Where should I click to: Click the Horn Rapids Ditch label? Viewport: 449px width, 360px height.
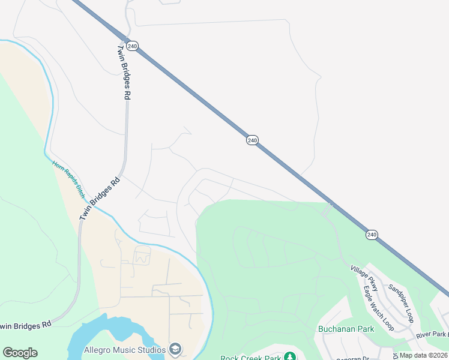pos(68,179)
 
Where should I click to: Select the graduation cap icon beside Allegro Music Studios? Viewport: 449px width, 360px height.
pos(175,349)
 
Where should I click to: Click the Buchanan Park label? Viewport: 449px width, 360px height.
pos(346,329)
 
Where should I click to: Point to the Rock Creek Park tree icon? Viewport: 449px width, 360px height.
pos(290,357)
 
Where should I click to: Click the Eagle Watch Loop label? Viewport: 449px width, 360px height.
pos(379,307)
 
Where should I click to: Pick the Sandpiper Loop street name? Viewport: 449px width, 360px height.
pos(401,303)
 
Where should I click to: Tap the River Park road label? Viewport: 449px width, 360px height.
pos(432,334)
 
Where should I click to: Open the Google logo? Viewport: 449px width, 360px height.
pos(20,353)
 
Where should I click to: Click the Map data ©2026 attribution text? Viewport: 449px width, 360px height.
pos(424,355)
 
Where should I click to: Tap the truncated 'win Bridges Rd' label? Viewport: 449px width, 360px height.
pos(25,325)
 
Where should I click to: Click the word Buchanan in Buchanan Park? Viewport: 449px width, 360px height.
pos(336,329)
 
